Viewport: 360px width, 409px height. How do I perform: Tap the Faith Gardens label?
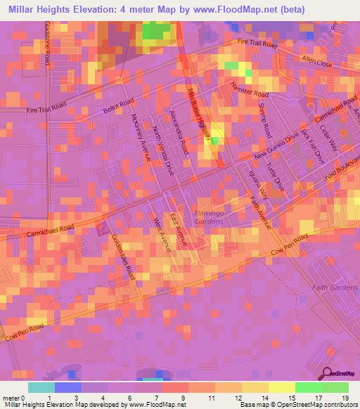point(335,287)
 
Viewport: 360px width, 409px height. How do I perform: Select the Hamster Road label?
point(250,89)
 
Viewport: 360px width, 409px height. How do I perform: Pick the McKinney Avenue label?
point(141,138)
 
